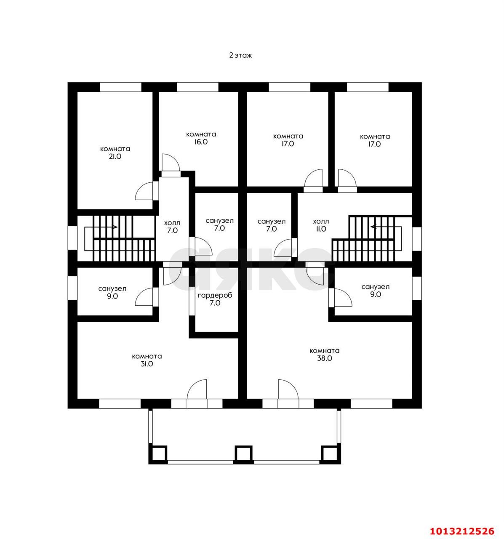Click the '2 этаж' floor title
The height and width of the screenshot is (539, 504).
click(240, 55)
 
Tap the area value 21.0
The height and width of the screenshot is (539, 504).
click(115, 156)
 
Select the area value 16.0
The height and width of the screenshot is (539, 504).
click(201, 141)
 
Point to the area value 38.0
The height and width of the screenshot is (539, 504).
click(325, 358)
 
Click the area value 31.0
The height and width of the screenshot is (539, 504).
click(147, 364)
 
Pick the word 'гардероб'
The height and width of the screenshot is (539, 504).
click(215, 296)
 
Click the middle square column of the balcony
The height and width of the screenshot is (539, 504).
click(243, 453)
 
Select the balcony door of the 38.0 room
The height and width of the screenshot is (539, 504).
click(288, 390)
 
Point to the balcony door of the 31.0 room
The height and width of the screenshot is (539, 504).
click(197, 390)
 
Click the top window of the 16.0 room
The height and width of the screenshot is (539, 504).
click(197, 87)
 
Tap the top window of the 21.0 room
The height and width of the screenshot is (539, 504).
click(120, 87)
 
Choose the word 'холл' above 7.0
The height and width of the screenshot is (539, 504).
click(172, 223)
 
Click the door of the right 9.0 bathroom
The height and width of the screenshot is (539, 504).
click(341, 298)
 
